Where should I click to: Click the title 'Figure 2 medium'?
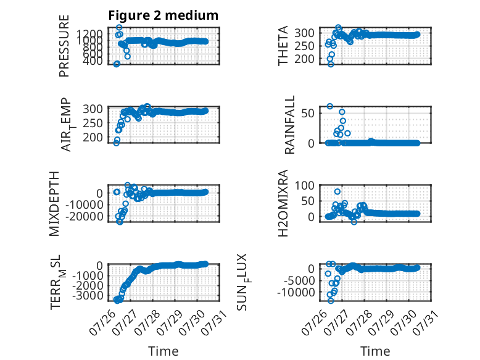[x=163, y=15]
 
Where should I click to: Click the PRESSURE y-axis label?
[x=64, y=46]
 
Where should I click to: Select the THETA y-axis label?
[x=283, y=46]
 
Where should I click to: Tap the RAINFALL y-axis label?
[x=289, y=125]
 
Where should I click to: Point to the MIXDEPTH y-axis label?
[x=54, y=204]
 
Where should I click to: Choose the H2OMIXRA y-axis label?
[x=283, y=203]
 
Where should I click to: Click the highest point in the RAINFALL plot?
[x=329, y=106]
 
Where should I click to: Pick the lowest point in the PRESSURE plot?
[x=117, y=64]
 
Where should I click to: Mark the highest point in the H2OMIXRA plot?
[x=337, y=191]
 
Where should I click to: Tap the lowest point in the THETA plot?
[x=331, y=64]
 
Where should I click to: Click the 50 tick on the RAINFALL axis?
[x=308, y=114]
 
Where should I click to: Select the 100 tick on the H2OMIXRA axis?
[x=305, y=185]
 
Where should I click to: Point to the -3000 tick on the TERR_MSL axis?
[x=88, y=296]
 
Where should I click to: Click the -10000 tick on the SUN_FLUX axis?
[x=296, y=293]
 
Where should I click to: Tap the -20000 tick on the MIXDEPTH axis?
[x=85, y=217]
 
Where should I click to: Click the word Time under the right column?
[x=375, y=351]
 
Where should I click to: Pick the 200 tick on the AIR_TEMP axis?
[x=93, y=138]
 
